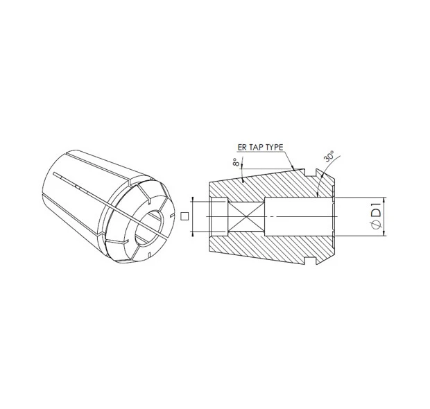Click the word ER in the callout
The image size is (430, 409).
click(243, 148)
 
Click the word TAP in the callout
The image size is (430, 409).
click(259, 148)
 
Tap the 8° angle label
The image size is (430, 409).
click(237, 164)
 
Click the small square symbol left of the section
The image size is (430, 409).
click(184, 216)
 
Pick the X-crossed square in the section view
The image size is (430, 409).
click(245, 216)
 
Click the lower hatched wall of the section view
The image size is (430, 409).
click(270, 250)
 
